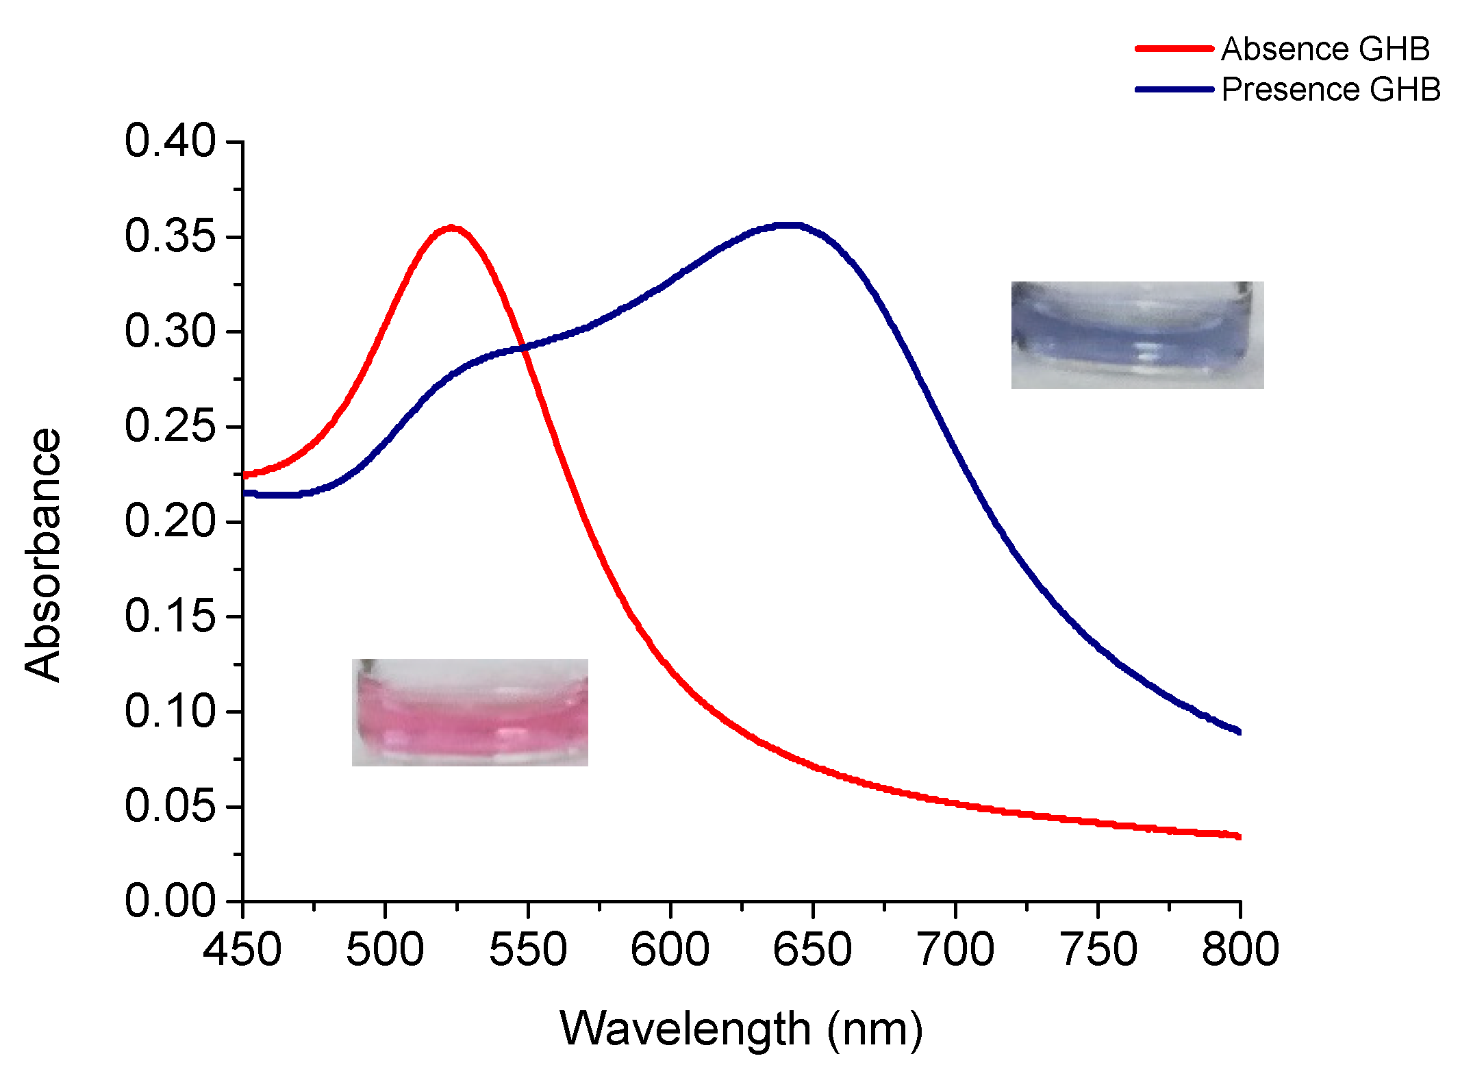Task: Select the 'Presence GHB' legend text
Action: [x=1331, y=90]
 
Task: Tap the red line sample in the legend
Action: [x=1174, y=49]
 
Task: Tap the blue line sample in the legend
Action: [x=1174, y=90]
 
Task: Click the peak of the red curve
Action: [x=452, y=227]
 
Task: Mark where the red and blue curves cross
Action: [x=523, y=347]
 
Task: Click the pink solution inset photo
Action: [x=470, y=712]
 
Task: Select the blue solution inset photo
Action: [x=1137, y=335]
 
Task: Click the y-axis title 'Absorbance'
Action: [x=42, y=555]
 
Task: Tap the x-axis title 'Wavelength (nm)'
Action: [x=741, y=1029]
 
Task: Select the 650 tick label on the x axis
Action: [x=812, y=950]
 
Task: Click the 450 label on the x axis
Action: [x=242, y=950]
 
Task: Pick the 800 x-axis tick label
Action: [x=1239, y=950]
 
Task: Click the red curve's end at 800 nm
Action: [x=1238, y=836]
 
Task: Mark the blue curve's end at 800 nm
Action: [x=1238, y=731]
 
